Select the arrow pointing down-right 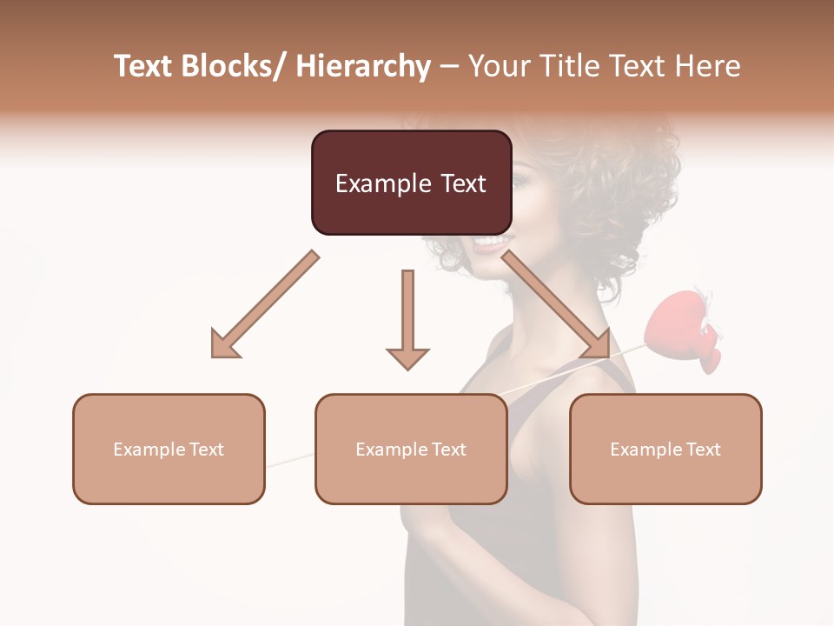click(556, 304)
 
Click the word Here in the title click(709, 66)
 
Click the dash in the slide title click(449, 66)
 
